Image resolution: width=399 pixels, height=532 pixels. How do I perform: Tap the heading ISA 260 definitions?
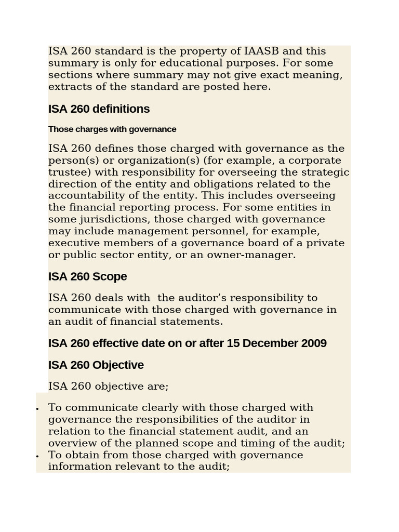click(99, 109)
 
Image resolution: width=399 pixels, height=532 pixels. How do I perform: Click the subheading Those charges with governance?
click(112, 129)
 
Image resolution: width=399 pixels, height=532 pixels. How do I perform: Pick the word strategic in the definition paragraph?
click(325, 172)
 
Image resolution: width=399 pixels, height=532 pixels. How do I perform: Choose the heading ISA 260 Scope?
click(87, 276)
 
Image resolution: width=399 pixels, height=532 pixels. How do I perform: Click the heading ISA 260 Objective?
click(96, 365)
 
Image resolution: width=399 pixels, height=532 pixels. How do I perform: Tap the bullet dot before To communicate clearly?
click(38, 409)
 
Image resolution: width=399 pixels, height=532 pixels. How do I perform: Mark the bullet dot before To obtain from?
click(38, 456)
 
